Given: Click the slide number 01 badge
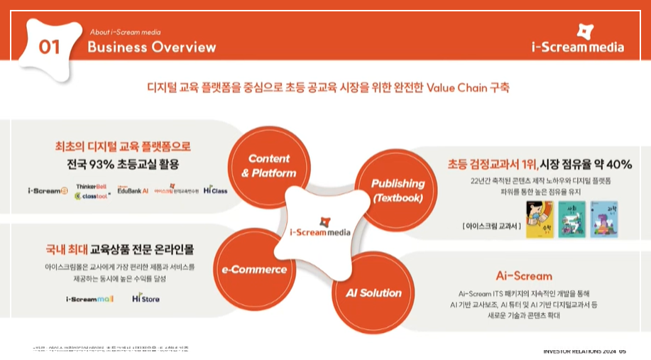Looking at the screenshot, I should [x=49, y=47].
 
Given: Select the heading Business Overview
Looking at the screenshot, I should [x=151, y=48].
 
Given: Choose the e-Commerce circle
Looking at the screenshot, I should [x=253, y=269].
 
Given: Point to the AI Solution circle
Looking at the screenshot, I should [x=373, y=293].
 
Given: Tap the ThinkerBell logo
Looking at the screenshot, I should [x=90, y=185].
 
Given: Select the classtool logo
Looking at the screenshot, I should [x=91, y=196].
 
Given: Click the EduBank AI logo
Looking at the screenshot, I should [x=133, y=190].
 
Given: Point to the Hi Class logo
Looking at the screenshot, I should [x=215, y=190].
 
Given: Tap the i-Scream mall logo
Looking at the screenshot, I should [x=90, y=299].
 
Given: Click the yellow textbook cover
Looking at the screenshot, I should [x=540, y=219].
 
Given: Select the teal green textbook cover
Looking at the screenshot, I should [x=572, y=219].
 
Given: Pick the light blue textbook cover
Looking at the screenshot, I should [x=606, y=219].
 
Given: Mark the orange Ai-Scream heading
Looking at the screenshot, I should [x=523, y=276].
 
